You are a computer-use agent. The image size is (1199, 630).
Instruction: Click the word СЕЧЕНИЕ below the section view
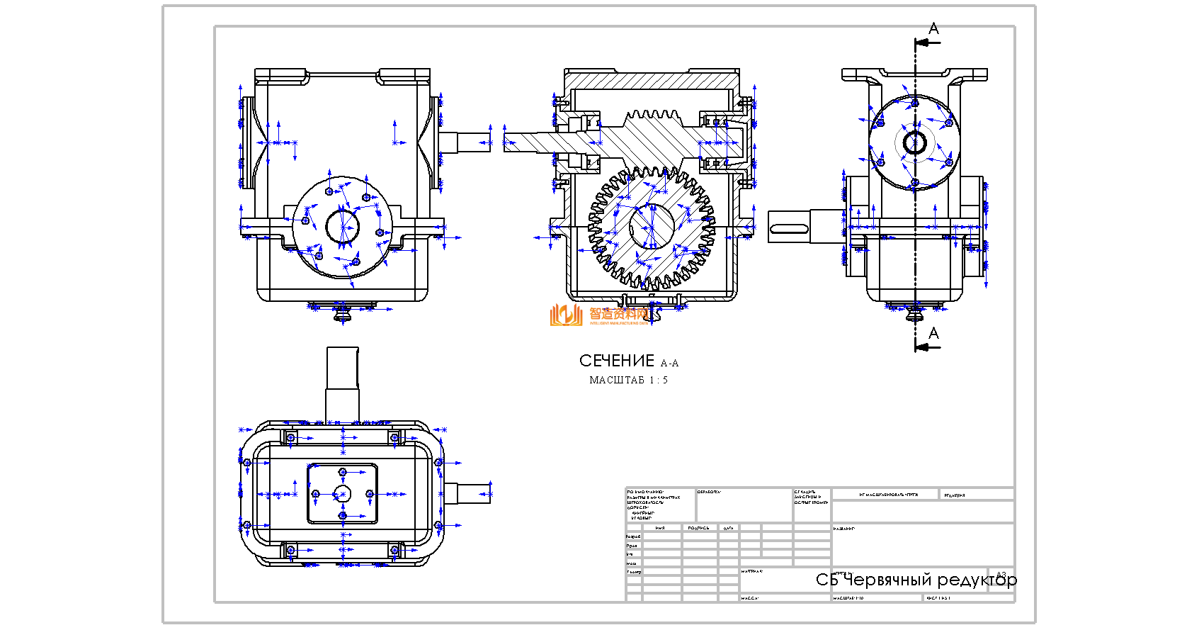[616, 361]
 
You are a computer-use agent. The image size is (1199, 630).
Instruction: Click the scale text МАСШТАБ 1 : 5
[628, 381]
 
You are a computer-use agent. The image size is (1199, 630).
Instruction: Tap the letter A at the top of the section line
[933, 29]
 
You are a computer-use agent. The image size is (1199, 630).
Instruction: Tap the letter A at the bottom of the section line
[933, 333]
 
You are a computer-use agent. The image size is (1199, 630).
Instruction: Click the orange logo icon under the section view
[566, 315]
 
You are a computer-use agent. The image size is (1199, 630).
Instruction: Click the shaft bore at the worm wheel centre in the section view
[652, 226]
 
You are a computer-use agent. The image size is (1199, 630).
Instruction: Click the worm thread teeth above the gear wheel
[653, 115]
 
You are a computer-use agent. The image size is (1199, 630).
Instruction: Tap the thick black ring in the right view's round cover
[914, 143]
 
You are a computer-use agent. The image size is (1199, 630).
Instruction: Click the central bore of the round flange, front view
[342, 227]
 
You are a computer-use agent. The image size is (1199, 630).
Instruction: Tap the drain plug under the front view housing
[344, 313]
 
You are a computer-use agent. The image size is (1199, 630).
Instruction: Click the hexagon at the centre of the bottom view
[343, 493]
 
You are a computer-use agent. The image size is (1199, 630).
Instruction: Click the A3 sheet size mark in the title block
[1001, 575]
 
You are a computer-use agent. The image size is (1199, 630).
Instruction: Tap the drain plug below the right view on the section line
[914, 312]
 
